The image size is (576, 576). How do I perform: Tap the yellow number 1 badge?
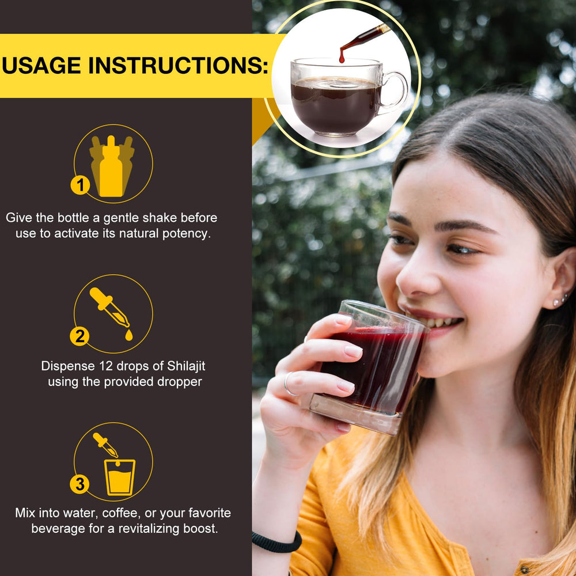click(80, 185)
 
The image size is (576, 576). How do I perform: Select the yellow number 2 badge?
click(79, 336)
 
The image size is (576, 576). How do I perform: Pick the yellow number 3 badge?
click(79, 484)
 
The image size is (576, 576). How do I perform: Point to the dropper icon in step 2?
click(109, 308)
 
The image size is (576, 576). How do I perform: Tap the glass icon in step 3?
click(120, 477)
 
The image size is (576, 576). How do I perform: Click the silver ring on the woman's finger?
click(288, 384)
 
